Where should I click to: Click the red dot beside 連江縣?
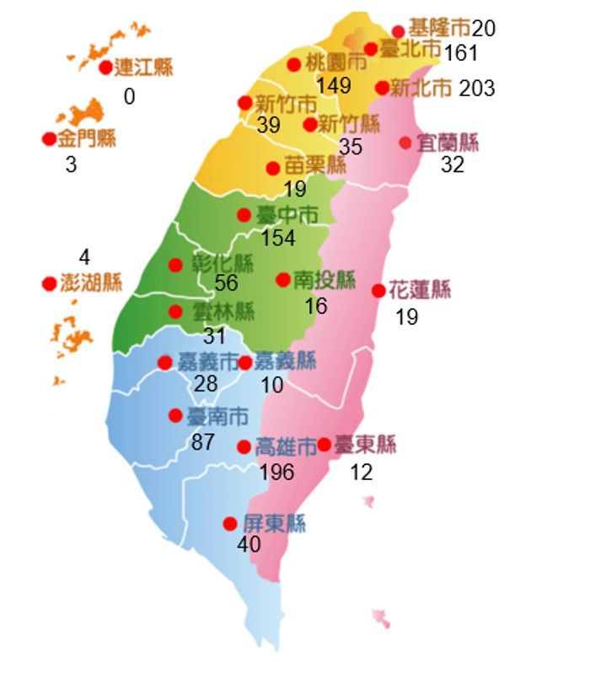pos(105,67)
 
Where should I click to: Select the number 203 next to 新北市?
pos(477,88)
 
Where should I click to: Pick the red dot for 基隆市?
pos(399,31)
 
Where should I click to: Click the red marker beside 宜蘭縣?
pos(405,143)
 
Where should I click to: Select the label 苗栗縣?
pos(315,166)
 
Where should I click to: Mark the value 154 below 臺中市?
pos(278,238)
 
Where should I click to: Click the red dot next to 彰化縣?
pos(175,265)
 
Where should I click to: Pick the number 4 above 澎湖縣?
pos(83,257)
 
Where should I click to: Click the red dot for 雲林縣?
pos(175,311)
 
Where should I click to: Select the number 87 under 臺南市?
pos(202,441)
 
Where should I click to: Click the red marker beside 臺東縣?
pos(324,445)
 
